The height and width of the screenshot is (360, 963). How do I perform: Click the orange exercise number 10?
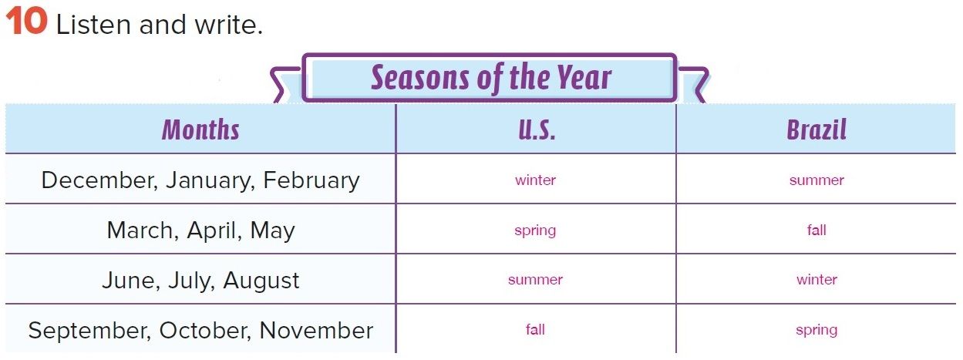point(26,22)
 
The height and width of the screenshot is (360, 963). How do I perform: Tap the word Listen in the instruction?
point(93,25)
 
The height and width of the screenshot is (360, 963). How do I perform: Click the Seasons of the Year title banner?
point(490,78)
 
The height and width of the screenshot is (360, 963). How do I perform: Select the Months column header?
point(200,130)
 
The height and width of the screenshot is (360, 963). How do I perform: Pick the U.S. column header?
point(537,130)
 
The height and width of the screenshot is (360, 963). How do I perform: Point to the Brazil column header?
point(817,130)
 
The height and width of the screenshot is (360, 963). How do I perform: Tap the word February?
point(311,181)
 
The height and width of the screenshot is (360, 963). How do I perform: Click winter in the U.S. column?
point(535,180)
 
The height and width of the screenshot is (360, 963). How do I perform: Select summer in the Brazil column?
point(817,180)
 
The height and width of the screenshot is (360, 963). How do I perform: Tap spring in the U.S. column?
point(535,231)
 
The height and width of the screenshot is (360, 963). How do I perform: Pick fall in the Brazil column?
point(817,230)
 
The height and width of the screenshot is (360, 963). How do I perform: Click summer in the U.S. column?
point(535,280)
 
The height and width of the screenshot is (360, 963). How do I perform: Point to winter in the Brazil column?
point(817,280)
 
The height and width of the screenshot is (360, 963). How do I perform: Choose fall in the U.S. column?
point(535,329)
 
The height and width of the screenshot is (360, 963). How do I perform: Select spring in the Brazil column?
point(817,331)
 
